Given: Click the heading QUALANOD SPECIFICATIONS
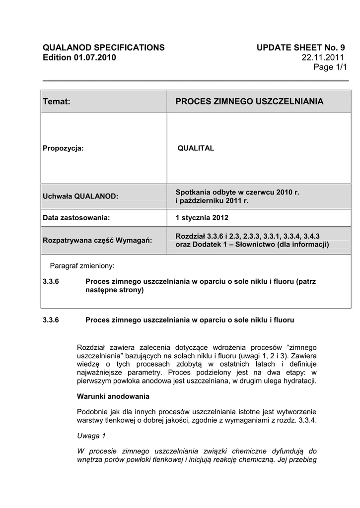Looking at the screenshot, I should point(104,48).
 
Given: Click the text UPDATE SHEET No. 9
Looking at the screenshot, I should point(301,48).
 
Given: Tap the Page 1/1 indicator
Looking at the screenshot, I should point(330,67).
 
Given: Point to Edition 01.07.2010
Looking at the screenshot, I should point(79,58).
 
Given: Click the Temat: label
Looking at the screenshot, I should point(57,102).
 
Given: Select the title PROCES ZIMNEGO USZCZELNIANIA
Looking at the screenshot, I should point(249,102).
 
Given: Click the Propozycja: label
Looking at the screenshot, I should point(63,148).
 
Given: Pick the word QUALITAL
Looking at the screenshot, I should point(196,148).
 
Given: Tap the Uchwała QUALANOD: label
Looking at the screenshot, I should point(80,196).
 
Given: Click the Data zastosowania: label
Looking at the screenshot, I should point(76,217).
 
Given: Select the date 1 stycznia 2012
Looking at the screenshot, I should point(202,217).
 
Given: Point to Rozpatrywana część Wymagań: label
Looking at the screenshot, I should point(97,240).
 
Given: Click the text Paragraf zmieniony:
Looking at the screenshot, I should point(82,265).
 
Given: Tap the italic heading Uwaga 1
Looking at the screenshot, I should point(92,436).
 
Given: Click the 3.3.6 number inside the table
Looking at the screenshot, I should point(51,281).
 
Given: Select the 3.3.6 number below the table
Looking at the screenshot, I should point(51,320).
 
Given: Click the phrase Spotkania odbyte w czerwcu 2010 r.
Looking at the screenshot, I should point(237,191).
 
